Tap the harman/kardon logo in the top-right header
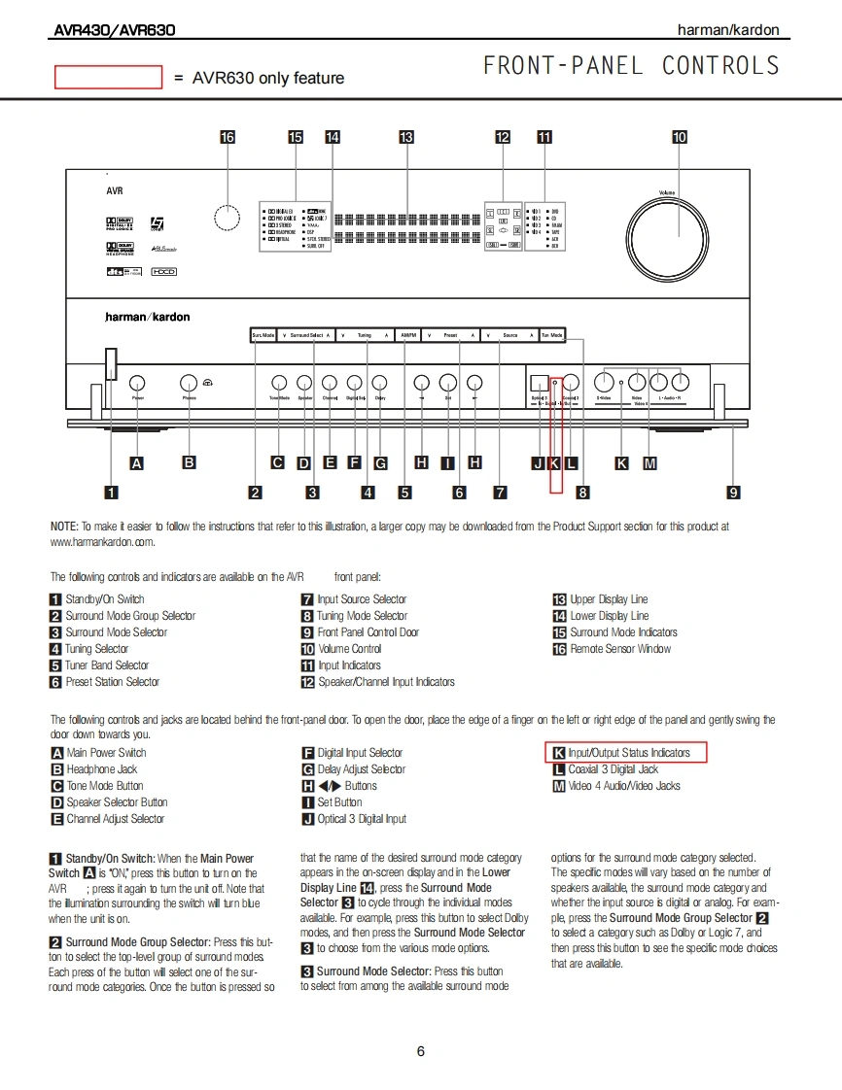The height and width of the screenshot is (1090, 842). click(728, 30)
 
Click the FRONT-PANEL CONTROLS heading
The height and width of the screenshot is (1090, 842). click(631, 66)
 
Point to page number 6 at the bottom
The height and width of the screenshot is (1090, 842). click(420, 1050)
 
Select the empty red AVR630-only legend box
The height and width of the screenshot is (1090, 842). click(108, 78)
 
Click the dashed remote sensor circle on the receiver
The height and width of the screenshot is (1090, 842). click(227, 218)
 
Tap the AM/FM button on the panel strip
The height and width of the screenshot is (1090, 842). click(408, 335)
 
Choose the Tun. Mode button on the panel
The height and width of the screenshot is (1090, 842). click(551, 335)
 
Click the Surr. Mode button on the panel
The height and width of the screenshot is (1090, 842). click(263, 335)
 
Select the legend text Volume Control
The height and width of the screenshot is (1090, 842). click(349, 649)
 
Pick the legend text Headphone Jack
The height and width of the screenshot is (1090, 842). click(101, 769)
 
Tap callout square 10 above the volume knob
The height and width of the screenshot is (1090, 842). click(680, 137)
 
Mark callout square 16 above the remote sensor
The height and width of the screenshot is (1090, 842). click(228, 137)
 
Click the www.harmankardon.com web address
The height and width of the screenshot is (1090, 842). click(102, 542)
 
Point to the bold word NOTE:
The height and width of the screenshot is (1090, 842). click(64, 527)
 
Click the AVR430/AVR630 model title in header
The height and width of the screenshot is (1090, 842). click(114, 30)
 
